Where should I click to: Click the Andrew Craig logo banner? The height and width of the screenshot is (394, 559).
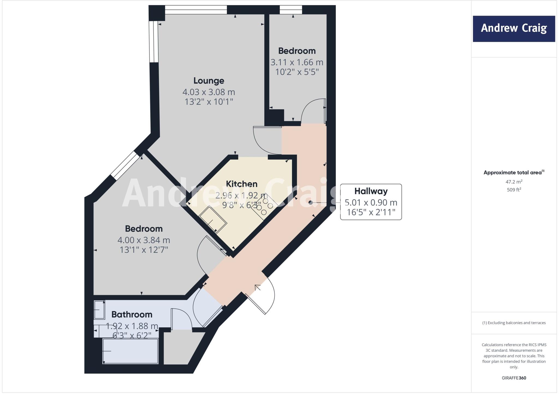click(514, 29)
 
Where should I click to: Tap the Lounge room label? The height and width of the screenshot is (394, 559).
click(209, 81)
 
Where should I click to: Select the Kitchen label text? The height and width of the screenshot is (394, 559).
click(242, 184)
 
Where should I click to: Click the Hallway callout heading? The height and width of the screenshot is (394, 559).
click(371, 191)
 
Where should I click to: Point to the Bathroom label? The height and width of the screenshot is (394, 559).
click(132, 314)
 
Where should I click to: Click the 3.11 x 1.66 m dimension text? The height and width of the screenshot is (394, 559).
click(297, 62)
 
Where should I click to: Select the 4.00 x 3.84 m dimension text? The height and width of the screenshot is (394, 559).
click(144, 240)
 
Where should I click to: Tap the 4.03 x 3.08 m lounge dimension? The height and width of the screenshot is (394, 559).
click(209, 92)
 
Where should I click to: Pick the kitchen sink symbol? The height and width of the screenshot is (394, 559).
click(213, 219)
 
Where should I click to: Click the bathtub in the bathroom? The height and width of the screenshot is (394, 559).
click(130, 351)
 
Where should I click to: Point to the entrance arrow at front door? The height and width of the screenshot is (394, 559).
click(257, 287)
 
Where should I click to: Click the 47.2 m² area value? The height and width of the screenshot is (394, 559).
click(514, 182)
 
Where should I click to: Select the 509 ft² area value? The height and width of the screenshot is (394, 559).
click(514, 190)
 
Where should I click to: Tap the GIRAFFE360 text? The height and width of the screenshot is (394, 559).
click(514, 378)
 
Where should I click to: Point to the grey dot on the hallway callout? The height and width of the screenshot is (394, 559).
click(310, 202)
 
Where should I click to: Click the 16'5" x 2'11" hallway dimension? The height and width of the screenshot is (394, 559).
click(371, 212)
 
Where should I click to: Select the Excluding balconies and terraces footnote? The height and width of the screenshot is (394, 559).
click(514, 323)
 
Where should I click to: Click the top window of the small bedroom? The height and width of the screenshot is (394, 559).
click(291, 10)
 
